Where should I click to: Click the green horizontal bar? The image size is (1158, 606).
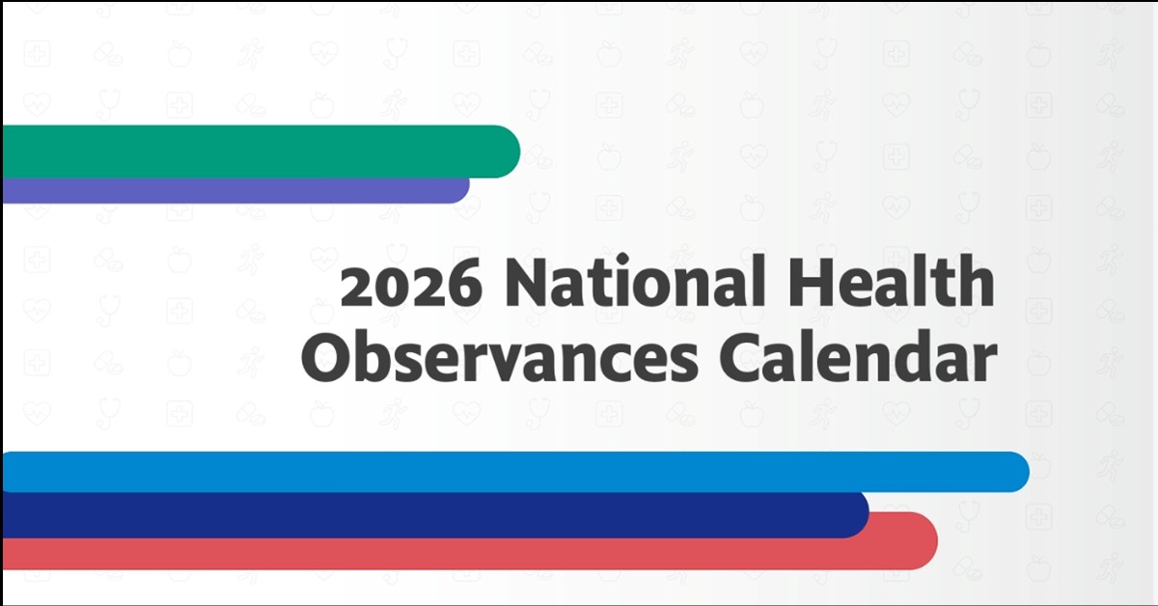[251, 151]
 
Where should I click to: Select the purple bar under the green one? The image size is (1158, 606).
[232, 190]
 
